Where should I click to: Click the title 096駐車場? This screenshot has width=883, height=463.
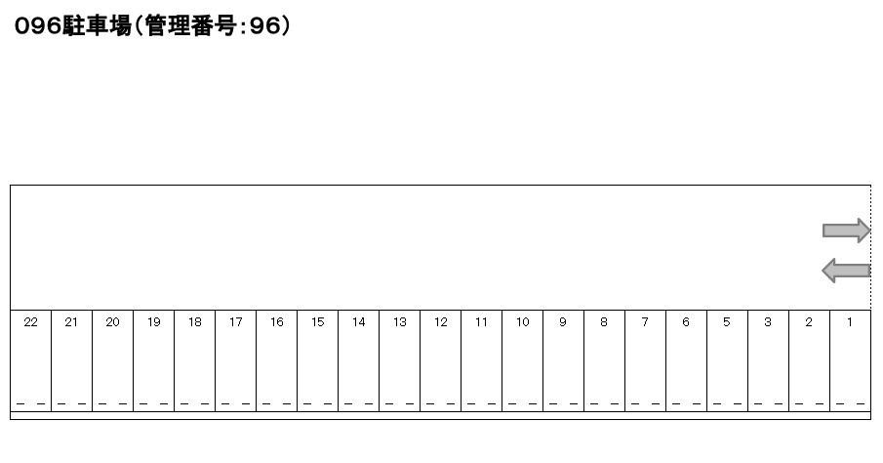pos(72,26)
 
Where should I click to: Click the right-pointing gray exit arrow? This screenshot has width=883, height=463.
pos(846,231)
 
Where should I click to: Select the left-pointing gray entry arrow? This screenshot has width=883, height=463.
pos(846,271)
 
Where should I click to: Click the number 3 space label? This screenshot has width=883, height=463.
pos(768,322)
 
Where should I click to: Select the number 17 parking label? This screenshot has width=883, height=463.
pos(235,322)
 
